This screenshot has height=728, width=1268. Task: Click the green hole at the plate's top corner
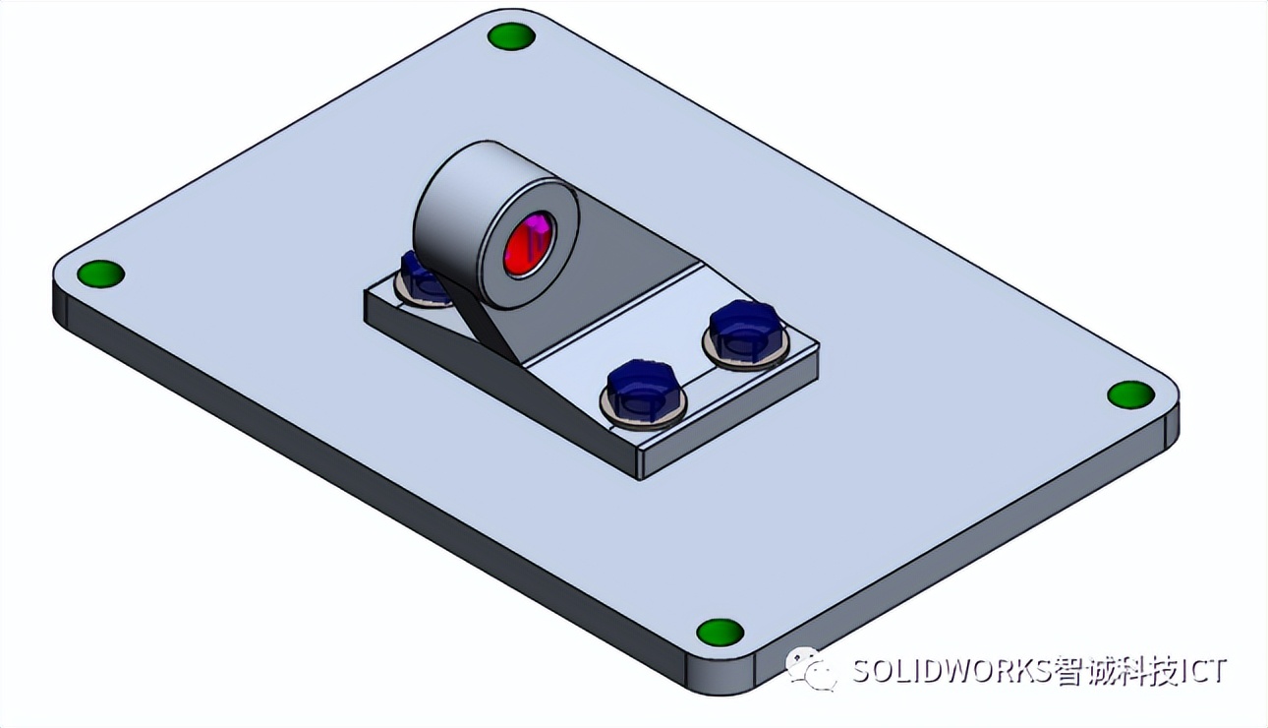pyautogui.click(x=511, y=37)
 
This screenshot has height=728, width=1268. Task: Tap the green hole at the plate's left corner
pyautogui.click(x=100, y=273)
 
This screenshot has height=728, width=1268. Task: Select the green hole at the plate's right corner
pyautogui.click(x=1130, y=394)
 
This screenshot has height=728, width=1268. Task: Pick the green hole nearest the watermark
pyautogui.click(x=720, y=632)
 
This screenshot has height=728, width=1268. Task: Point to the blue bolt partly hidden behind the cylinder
pyautogui.click(x=421, y=278)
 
